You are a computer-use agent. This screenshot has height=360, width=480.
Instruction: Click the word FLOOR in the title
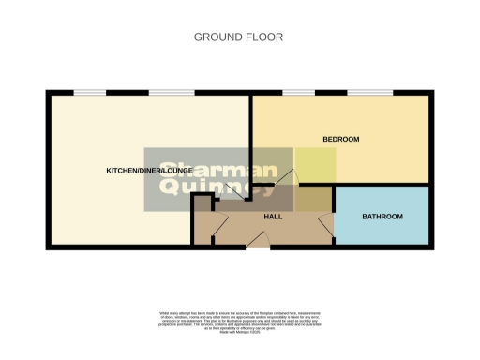[x=264, y=37]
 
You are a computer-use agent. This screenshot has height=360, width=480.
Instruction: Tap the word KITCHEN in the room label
[x=121, y=170]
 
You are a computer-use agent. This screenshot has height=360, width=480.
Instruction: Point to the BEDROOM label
[x=340, y=140]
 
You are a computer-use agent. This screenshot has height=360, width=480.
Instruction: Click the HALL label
[x=274, y=217]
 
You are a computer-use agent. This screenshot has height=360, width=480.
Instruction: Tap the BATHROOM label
[x=382, y=217]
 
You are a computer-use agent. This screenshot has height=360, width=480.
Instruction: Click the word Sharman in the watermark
[x=212, y=170]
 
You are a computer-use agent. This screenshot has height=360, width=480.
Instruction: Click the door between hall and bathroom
[x=325, y=223]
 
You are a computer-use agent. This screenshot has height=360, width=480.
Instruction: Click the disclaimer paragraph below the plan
[x=240, y=320]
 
